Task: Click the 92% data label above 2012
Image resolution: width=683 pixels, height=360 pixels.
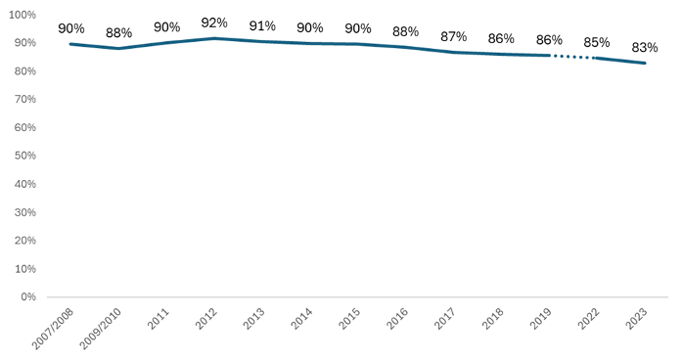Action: [x=214, y=22]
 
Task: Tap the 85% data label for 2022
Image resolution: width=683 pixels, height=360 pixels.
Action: [x=596, y=42]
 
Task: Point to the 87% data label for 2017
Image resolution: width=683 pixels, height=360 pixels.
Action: [x=453, y=36]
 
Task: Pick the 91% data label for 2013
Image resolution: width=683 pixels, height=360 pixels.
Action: [x=262, y=25]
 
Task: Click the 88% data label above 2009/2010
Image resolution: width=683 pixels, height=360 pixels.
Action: [x=118, y=32]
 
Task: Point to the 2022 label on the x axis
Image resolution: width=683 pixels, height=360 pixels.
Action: [x=590, y=317]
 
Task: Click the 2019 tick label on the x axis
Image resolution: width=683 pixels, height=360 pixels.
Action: [x=542, y=317]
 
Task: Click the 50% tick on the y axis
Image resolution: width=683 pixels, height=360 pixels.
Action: [x=24, y=156]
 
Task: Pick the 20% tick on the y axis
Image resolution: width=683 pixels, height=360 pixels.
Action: [x=24, y=240]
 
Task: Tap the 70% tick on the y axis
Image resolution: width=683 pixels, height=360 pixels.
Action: [x=24, y=100]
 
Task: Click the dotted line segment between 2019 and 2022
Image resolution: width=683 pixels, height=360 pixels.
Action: [x=572, y=57]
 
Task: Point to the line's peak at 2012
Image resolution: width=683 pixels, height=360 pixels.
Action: [x=214, y=38]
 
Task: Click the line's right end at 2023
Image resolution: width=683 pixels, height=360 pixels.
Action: [x=644, y=63]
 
